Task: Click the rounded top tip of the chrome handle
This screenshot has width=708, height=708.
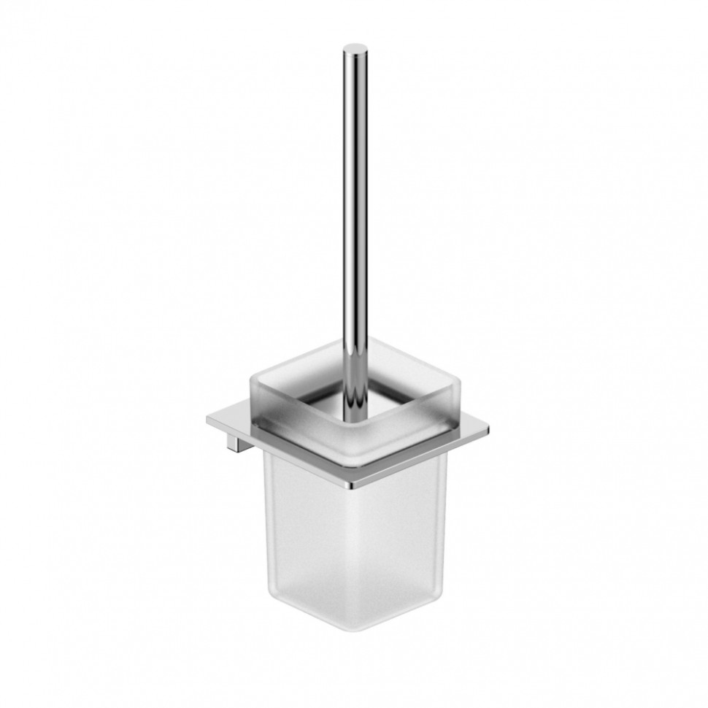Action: click(x=354, y=50)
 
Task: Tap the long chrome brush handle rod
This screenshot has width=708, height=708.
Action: click(x=354, y=219)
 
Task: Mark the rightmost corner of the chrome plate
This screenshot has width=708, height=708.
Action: click(x=488, y=428)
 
